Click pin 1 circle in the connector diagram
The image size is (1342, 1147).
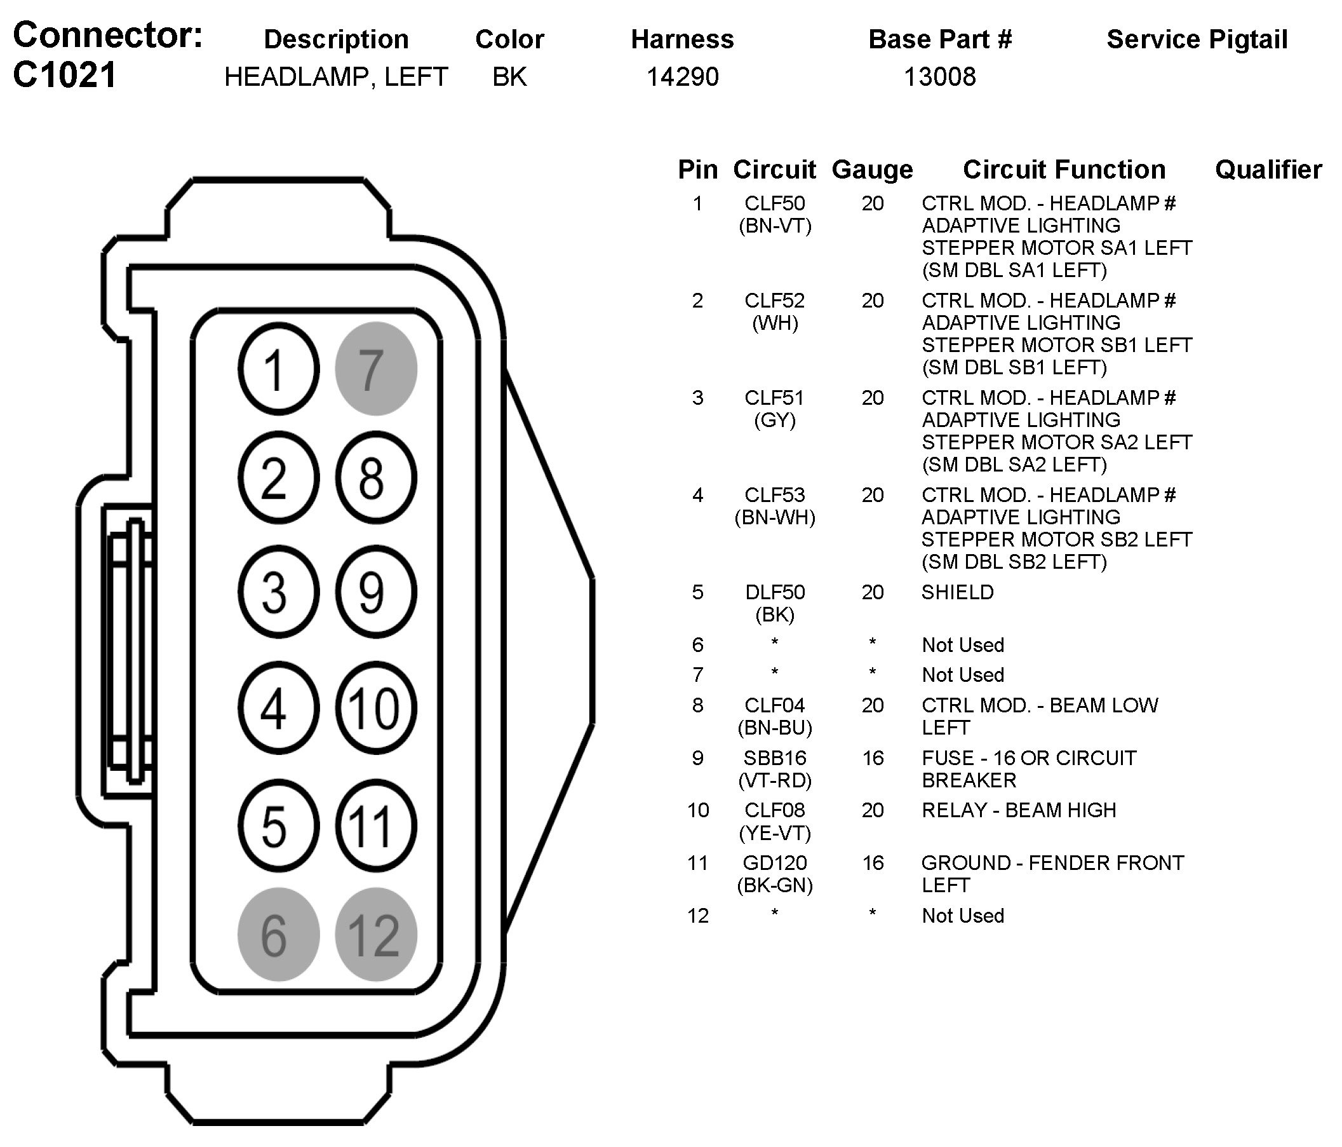(279, 369)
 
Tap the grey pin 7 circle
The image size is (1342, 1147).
(375, 369)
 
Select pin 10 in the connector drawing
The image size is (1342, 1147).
(375, 708)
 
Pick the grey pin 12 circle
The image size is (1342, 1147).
(375, 935)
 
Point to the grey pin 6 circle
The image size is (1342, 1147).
(279, 935)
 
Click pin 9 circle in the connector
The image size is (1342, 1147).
(375, 592)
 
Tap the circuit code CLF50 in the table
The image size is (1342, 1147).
(775, 203)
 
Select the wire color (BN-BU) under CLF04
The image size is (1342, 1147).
(775, 728)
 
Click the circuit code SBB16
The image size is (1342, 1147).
(775, 757)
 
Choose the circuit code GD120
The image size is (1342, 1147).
(775, 862)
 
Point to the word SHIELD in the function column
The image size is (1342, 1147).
(957, 592)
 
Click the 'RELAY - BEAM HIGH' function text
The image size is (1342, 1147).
(1018, 810)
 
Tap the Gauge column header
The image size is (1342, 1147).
(872, 170)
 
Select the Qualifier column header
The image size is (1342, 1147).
(1268, 170)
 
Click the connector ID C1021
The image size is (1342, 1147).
(65, 75)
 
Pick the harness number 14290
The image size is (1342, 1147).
(683, 77)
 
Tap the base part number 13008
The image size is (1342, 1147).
(939, 77)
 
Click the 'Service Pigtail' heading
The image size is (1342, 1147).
(1197, 39)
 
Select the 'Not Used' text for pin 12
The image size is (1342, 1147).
(962, 916)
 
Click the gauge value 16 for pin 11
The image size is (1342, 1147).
(873, 862)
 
